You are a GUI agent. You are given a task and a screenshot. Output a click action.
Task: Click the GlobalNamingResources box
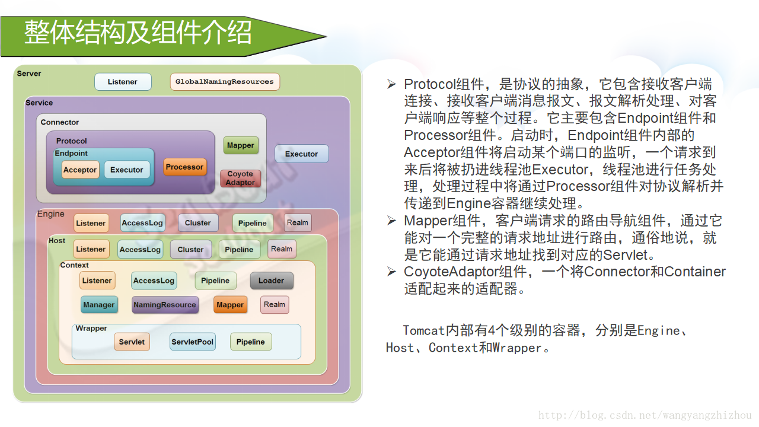225,82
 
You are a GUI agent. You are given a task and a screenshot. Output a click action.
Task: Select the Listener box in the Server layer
123,82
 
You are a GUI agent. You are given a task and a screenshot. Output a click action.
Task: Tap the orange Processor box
184,167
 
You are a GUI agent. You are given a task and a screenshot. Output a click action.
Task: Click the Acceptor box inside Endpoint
80,170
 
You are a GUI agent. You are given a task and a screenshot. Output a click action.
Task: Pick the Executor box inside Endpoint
127,170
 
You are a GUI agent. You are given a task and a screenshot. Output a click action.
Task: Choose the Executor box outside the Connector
301,154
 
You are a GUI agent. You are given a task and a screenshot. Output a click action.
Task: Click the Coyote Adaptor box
240,179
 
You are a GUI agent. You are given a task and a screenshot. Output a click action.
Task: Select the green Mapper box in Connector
241,145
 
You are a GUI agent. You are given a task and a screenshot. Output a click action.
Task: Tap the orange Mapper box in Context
230,305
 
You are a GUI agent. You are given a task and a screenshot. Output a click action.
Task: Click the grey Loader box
271,281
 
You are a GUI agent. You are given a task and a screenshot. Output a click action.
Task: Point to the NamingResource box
165,305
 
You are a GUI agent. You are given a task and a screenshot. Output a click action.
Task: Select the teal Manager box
98,305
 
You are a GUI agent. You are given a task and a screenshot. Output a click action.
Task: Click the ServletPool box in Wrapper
192,342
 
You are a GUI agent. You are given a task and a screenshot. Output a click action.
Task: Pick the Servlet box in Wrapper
132,342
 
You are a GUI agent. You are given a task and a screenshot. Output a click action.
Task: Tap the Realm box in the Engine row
298,222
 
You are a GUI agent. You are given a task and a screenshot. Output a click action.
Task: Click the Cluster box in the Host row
190,250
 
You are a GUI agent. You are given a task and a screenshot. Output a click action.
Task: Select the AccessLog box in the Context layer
154,281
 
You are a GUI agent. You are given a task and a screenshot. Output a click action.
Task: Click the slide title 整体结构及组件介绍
138,32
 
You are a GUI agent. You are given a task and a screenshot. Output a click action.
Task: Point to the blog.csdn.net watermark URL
645,416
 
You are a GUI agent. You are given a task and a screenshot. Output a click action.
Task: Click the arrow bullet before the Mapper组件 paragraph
391,221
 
